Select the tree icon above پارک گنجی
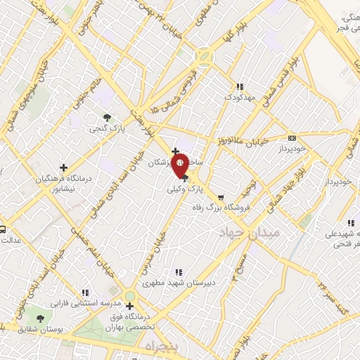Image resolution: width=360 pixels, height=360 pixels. (107, 117)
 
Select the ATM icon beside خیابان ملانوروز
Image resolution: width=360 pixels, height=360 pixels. (292, 138)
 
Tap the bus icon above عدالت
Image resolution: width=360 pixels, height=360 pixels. (3, 229)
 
